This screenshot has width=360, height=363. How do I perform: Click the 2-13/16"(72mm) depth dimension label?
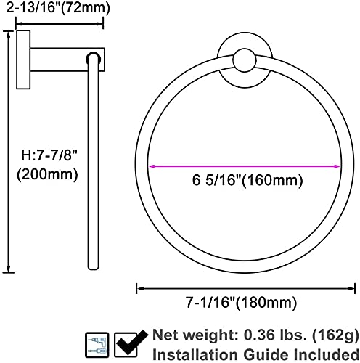(x=58, y=7)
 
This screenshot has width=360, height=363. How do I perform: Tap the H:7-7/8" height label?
(x=49, y=155)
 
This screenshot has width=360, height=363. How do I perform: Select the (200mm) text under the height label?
(x=47, y=174)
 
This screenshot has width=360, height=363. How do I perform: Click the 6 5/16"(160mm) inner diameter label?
(x=247, y=180)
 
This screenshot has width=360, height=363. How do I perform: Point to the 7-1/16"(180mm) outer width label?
(x=241, y=303)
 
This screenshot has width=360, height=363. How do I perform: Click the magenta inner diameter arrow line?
(x=245, y=166)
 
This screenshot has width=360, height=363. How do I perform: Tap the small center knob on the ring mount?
(x=245, y=60)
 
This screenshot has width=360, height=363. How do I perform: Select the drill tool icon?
(x=97, y=345)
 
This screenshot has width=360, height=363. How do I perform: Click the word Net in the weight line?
(x=165, y=335)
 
